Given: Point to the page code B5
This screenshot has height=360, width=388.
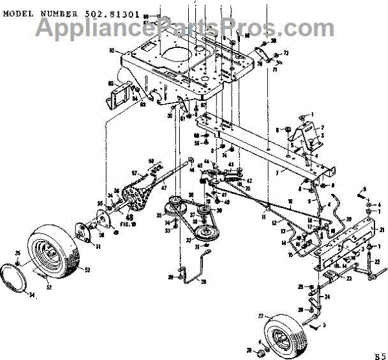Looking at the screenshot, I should [379, 354].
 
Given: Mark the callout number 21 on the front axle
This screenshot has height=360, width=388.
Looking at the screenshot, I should [382, 230].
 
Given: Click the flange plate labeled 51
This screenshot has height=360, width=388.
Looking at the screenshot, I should [83, 231].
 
